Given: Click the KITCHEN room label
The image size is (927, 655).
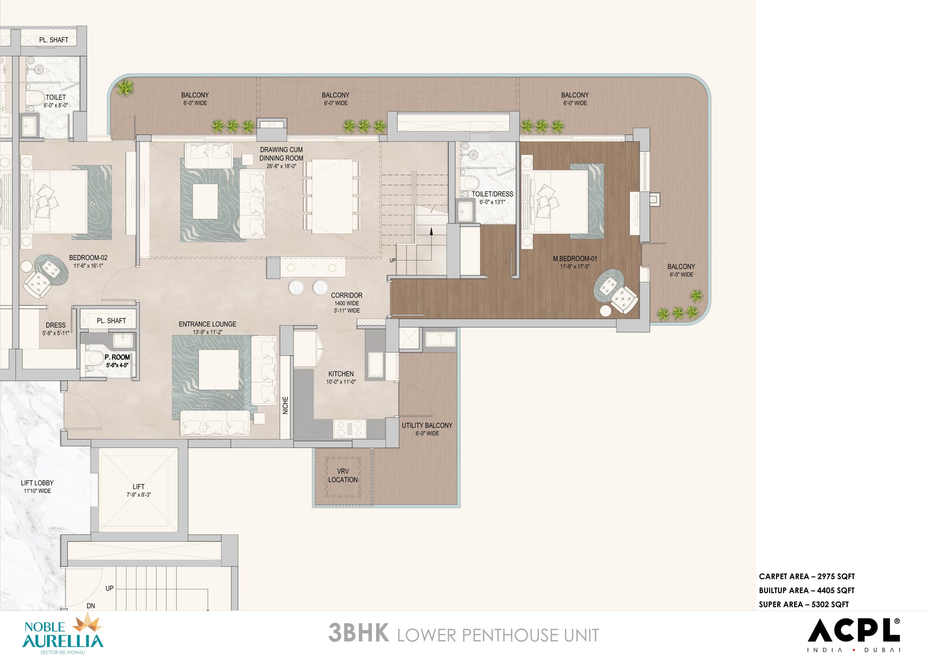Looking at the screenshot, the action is (341, 374).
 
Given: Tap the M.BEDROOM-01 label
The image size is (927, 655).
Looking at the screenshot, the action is (575, 259).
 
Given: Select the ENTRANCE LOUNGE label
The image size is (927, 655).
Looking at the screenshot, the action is (207, 324).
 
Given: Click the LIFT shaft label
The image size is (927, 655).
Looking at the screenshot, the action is (138, 487).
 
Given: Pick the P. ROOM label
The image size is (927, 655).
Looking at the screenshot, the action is (117, 357).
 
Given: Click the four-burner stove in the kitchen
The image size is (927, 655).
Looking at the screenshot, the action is (349, 428).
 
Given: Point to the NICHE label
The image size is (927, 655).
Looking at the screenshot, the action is (285, 405).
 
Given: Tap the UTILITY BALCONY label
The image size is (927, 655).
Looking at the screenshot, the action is (427, 425).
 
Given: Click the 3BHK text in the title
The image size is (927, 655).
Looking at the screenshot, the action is (359, 633).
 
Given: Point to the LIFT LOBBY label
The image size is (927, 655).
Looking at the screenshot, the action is (37, 483).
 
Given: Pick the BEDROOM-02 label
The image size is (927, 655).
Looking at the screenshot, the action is (88, 258).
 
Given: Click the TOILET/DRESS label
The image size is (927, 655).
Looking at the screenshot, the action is (492, 194).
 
